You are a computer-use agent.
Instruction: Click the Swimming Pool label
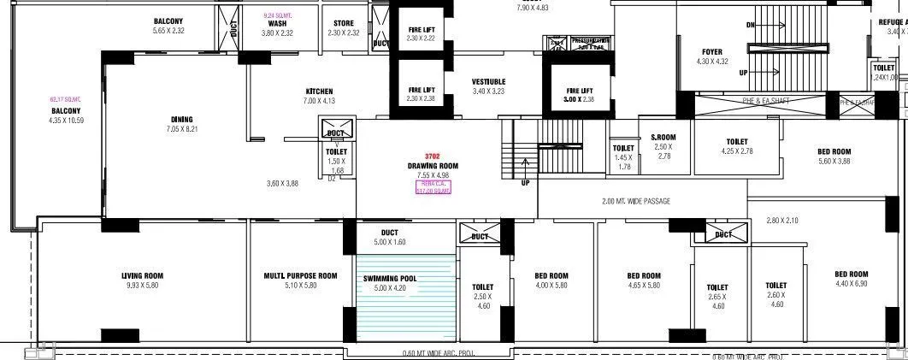pos(390,280)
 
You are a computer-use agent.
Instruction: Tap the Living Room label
pos(142,275)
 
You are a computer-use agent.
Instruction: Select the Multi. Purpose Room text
pos(300,275)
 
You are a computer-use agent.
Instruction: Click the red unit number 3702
pos(432,156)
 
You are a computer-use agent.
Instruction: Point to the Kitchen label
pos(319,91)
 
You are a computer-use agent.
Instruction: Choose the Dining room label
pos(181,119)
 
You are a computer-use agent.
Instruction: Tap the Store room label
pos(343,23)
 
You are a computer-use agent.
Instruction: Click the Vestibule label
pos(488,82)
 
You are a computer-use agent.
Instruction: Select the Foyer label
pos(711,51)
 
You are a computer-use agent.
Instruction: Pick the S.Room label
pos(663,138)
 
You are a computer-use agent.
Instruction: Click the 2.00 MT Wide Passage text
pos(636,201)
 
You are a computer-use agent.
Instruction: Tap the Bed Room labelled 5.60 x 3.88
pos(834,151)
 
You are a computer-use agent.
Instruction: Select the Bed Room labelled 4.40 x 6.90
pos(851,274)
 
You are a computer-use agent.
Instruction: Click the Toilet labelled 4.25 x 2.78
pos(736,142)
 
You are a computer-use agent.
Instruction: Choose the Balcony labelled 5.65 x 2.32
pos(168,21)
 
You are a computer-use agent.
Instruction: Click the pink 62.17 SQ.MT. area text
pos(64,101)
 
